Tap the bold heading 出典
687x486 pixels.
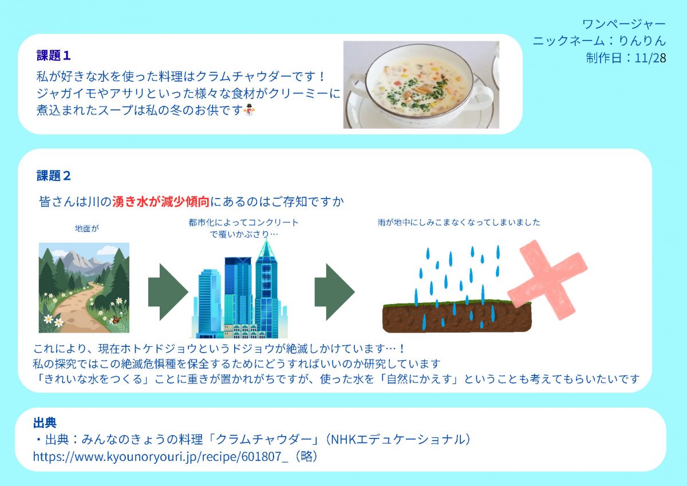tap(45, 423)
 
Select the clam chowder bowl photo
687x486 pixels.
tap(421, 85)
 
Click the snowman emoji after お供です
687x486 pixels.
tap(249, 110)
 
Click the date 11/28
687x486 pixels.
tap(651, 58)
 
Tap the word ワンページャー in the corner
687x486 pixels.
tap(624, 25)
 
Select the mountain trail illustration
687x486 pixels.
tap(84, 287)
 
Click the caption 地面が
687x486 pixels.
tap(87, 228)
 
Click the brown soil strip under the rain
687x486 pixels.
tap(456, 319)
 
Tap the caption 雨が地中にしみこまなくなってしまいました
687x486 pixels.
tap(459, 222)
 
